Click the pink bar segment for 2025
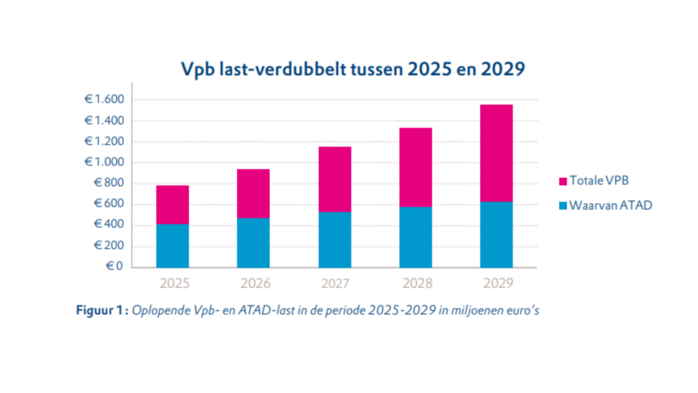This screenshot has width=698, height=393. (172, 205)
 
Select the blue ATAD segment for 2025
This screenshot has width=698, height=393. (172, 246)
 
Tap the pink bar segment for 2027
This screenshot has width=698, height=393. (335, 179)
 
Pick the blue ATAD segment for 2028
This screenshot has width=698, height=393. (415, 237)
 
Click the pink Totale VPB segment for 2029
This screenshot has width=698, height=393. (496, 153)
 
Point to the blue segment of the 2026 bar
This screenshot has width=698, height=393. (254, 243)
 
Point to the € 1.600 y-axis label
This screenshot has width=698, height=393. (104, 100)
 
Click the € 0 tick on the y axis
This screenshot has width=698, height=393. (113, 267)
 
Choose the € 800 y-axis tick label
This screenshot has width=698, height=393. (108, 184)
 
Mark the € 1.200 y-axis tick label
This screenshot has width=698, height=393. (104, 142)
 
